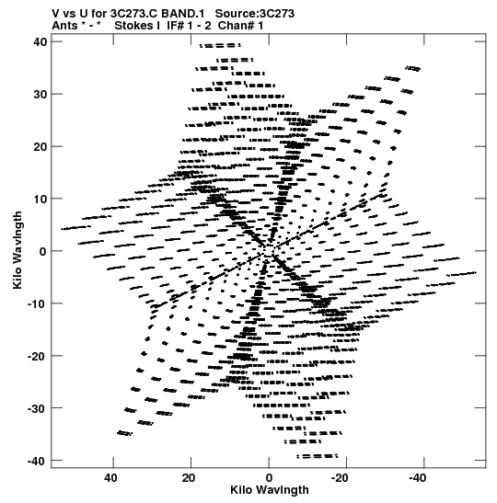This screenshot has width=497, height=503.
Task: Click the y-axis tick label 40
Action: (x=40, y=41)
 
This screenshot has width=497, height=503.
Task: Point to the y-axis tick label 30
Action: (x=40, y=95)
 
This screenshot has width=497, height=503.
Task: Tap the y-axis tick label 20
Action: (x=40, y=146)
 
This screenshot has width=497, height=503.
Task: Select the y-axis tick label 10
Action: (x=40, y=199)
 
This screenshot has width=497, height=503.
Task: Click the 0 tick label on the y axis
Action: (x=43, y=251)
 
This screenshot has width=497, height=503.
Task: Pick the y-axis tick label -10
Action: (x=37, y=303)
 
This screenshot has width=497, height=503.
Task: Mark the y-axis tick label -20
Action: (x=37, y=356)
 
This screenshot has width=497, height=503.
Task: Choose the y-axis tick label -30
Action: (x=37, y=408)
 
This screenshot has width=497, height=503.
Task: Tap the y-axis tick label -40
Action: (x=37, y=461)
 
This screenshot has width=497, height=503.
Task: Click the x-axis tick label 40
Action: (x=110, y=478)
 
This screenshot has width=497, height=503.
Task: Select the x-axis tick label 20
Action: (x=189, y=478)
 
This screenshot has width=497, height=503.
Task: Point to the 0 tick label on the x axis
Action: (x=269, y=478)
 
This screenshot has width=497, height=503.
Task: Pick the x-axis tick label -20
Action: (x=339, y=478)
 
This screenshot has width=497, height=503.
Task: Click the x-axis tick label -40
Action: (x=417, y=478)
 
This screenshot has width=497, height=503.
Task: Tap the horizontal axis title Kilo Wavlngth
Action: (x=270, y=490)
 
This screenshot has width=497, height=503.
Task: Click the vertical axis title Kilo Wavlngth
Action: (x=17, y=250)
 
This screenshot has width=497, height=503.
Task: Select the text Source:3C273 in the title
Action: (x=255, y=14)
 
